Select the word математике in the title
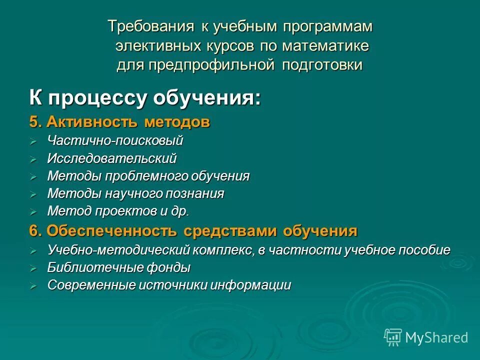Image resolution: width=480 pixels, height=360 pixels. click(x=325, y=46)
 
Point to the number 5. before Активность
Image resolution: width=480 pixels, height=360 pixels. click(x=36, y=122)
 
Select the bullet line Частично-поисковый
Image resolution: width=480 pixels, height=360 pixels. click(x=115, y=141)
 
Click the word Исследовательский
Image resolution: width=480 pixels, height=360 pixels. click(x=112, y=159)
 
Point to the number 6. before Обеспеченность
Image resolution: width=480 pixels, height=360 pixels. click(x=36, y=231)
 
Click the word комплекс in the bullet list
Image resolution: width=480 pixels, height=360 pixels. click(x=224, y=250)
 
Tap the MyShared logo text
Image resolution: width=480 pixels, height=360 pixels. click(x=436, y=337)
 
